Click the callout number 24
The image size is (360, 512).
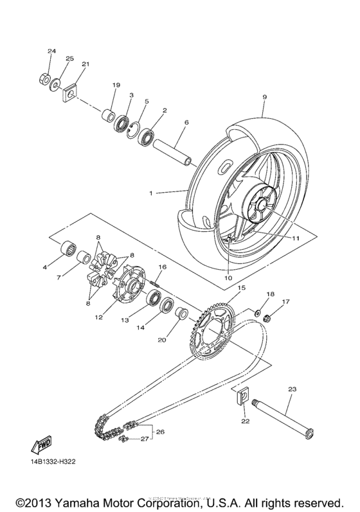[51, 51]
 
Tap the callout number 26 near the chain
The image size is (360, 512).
[161, 432]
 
